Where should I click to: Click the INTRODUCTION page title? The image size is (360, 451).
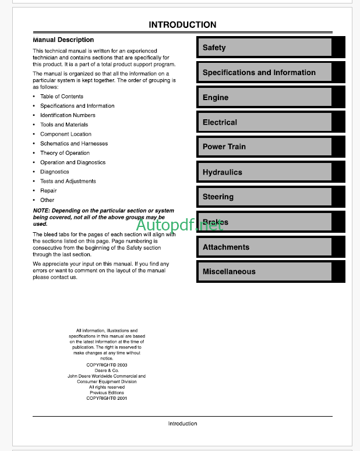[182, 25]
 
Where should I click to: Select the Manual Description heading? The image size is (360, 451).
[63, 40]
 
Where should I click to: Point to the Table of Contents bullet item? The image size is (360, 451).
[62, 97]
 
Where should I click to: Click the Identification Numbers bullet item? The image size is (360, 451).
[68, 115]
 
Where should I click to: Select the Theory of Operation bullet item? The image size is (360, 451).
[65, 153]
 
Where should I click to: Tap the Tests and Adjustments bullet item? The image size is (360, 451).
[68, 181]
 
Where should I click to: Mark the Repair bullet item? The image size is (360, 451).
[48, 190]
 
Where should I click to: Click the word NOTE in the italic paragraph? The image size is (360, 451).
[41, 211]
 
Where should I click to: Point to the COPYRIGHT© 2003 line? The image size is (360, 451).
[107, 365]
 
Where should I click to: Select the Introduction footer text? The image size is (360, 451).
[182, 424]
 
